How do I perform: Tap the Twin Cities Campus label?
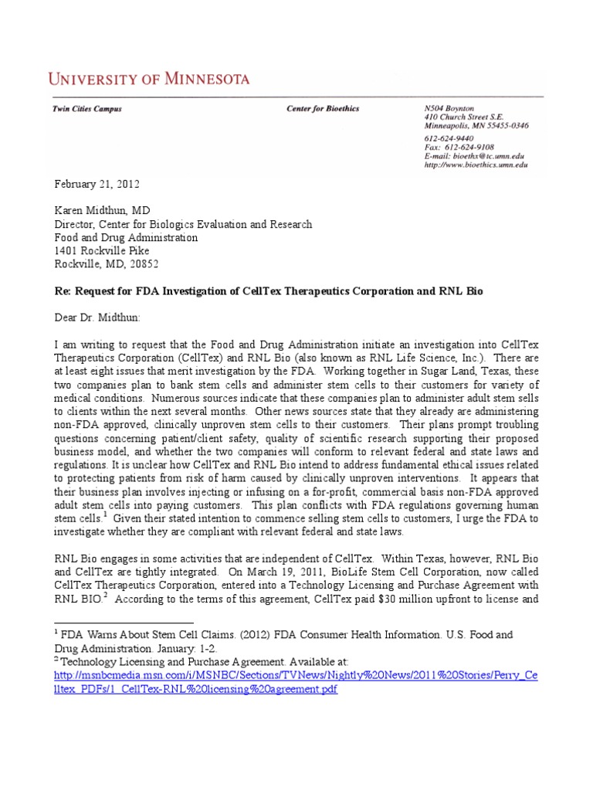[86, 109]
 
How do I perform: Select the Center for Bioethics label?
[323, 109]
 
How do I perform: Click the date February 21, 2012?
[97, 184]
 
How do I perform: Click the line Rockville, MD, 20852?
[106, 263]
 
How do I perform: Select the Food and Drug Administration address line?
[126, 237]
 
